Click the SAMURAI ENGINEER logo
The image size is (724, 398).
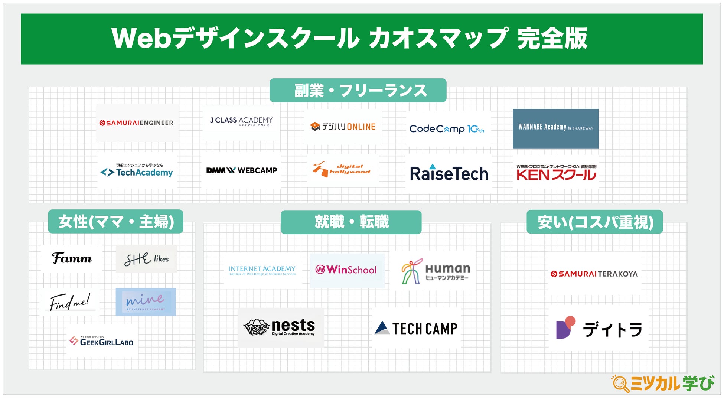point(136,123)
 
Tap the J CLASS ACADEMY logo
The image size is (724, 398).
point(241,121)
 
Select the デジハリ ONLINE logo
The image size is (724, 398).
point(343,127)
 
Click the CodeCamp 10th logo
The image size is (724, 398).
point(447,129)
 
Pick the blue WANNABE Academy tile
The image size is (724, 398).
point(555,128)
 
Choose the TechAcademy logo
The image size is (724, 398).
point(137,172)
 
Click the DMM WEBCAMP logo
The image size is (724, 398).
point(242,170)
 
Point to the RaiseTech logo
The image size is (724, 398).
point(449,173)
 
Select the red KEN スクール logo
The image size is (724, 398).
point(556,173)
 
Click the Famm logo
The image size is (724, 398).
point(72,258)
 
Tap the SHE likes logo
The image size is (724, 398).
point(146,259)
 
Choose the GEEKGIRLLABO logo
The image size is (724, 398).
point(101,341)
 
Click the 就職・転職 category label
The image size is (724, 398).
point(351,222)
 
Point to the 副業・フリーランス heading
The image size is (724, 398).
point(358,91)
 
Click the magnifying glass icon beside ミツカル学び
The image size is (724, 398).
point(620,384)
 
